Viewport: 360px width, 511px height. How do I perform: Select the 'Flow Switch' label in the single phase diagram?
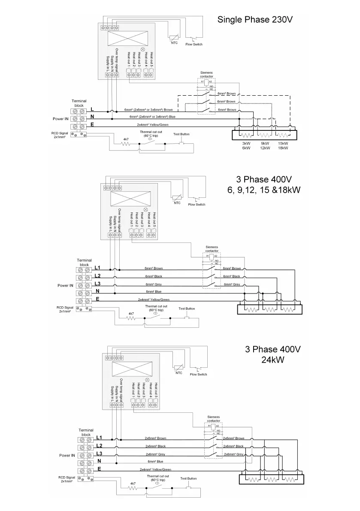tap(194, 44)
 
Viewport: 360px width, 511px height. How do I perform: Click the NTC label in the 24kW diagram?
tap(179, 373)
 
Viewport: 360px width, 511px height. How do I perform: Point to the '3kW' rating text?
tap(246, 143)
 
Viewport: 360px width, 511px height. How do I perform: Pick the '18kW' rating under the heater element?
tap(283, 148)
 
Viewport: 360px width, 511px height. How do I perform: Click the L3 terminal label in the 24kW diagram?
tap(99, 454)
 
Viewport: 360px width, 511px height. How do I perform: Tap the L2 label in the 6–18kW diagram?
tap(97, 275)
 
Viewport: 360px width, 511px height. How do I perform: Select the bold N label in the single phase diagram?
tap(92, 117)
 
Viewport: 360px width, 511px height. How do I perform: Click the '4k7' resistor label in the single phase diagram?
tap(126, 139)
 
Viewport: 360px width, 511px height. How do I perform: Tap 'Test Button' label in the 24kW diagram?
tap(188, 478)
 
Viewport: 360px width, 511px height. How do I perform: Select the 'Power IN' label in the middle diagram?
tap(66, 285)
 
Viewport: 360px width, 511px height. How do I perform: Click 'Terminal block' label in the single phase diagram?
tap(79, 103)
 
